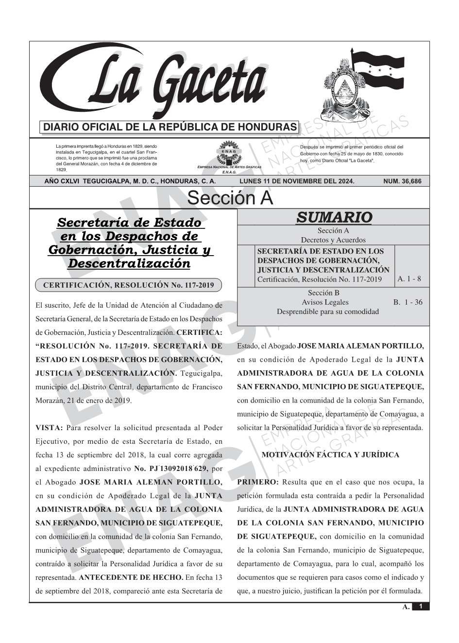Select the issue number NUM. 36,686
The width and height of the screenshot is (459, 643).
click(x=402, y=181)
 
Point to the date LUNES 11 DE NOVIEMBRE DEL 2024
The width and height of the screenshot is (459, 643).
click(x=297, y=181)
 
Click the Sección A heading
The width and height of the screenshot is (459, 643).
click(x=230, y=198)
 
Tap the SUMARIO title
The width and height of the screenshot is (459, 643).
click(x=334, y=217)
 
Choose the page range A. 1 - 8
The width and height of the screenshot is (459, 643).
click(x=409, y=279)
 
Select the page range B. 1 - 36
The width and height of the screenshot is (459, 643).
click(x=408, y=302)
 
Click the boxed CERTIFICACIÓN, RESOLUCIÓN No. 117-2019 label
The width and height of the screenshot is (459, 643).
click(x=128, y=285)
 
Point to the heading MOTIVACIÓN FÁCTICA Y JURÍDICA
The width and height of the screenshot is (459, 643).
click(x=330, y=455)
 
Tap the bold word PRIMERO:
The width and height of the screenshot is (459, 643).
click(x=258, y=482)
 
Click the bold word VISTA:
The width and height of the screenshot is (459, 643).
click(x=50, y=428)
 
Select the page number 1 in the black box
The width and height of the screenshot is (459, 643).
click(x=421, y=606)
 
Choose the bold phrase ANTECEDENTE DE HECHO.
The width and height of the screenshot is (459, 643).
click(x=131, y=577)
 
